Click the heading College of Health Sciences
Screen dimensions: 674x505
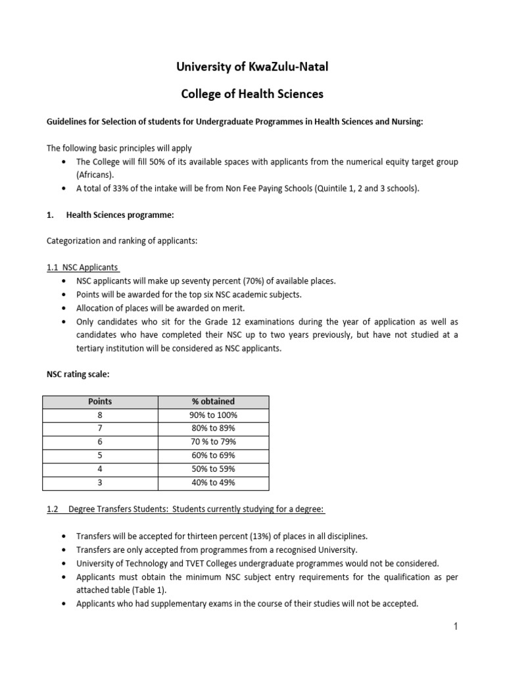coord(252,94)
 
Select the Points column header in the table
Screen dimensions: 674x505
coord(100,402)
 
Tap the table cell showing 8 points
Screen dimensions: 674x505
coord(100,415)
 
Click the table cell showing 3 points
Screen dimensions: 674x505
coord(100,483)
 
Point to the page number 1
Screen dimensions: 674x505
coord(454,627)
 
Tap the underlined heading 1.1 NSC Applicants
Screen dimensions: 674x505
coord(83,267)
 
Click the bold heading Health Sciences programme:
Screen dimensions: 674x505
coord(120,215)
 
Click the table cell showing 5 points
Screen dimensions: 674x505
coord(100,455)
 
